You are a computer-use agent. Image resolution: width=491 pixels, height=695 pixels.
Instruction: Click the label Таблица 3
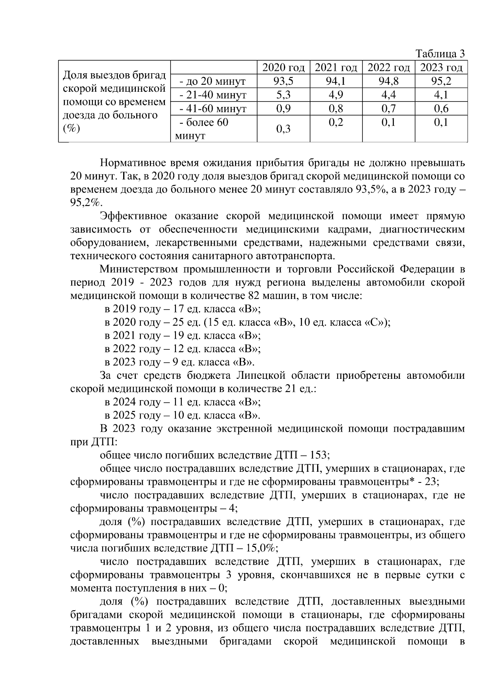[440, 54]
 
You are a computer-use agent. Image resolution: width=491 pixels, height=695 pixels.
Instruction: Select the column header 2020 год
[284, 68]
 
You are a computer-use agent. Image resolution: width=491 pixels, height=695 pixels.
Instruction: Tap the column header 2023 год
[441, 68]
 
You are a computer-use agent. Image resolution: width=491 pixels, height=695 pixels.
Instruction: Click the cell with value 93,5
[284, 81]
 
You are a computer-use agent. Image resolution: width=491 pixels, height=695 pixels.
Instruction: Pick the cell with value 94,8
[389, 81]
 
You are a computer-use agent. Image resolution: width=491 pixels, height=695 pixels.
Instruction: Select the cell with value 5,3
[284, 95]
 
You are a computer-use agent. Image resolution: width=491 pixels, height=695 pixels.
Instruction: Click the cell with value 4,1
[441, 95]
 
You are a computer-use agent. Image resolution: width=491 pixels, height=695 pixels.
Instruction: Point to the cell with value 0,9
[284, 109]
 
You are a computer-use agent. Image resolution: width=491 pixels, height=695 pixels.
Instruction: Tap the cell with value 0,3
[284, 129]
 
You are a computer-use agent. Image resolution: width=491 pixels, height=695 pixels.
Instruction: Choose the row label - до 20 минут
[212, 81]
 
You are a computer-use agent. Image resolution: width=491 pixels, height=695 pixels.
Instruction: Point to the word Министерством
[138, 269]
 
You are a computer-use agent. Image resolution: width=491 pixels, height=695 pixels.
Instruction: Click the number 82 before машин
[254, 296]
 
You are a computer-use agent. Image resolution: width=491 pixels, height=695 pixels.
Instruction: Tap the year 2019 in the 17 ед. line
[124, 309]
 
